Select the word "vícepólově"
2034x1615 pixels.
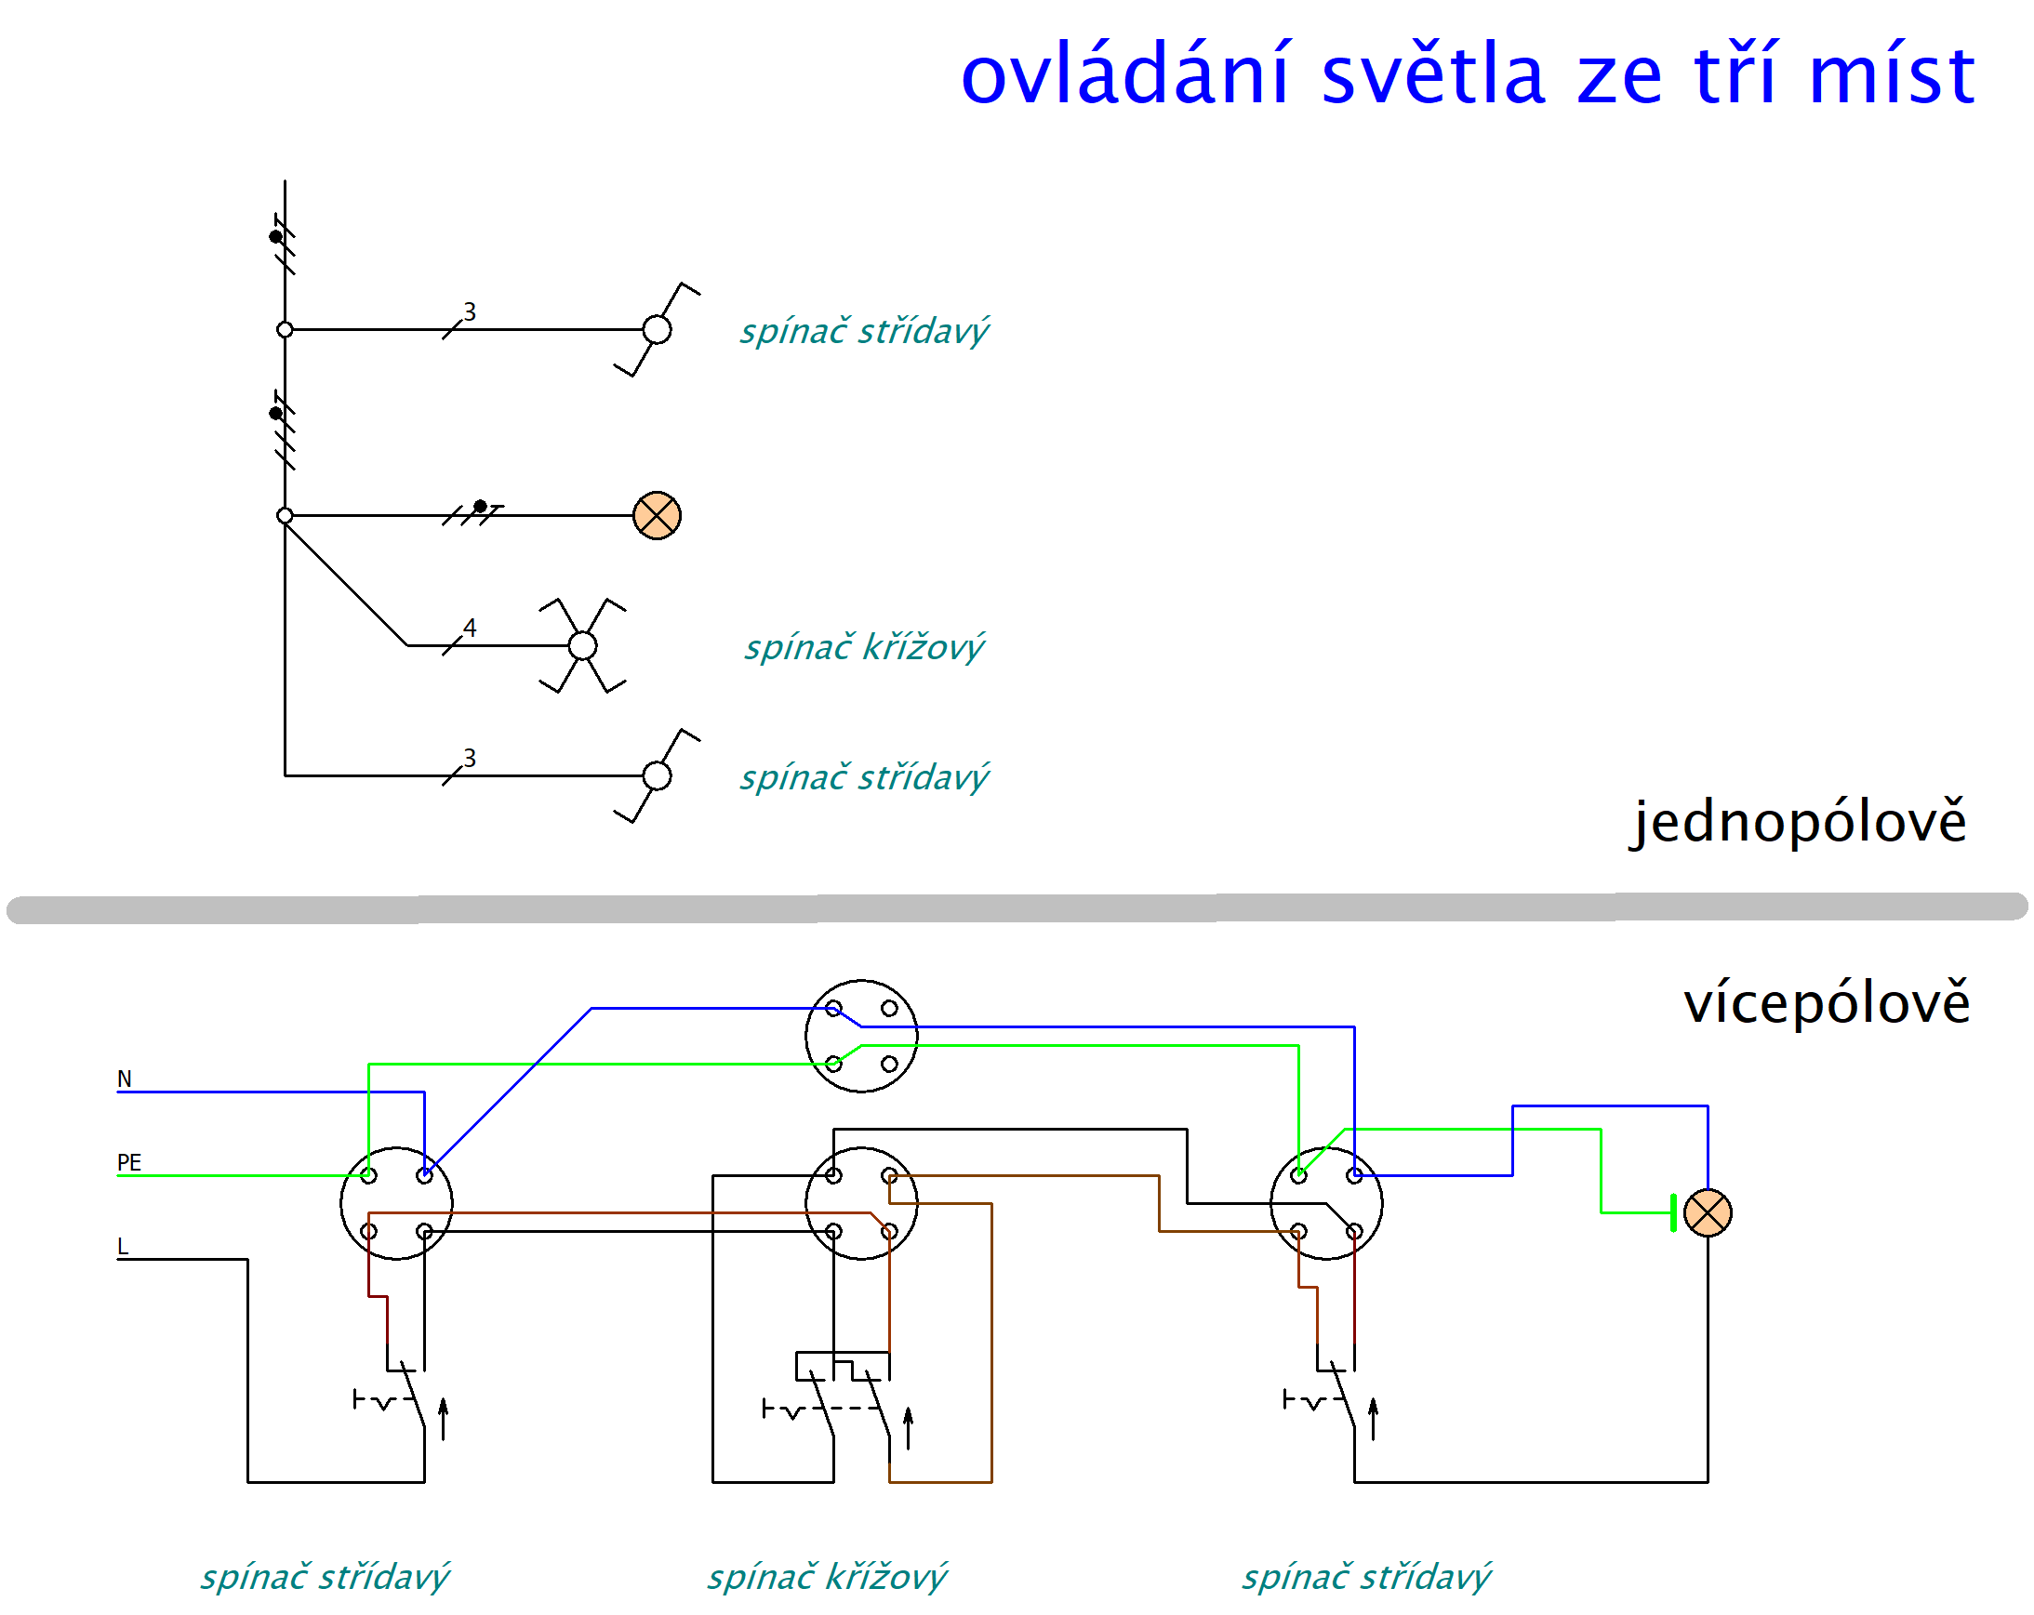point(1828,1004)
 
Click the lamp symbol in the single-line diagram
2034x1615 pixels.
point(658,516)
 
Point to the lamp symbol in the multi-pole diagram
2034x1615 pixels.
point(1708,1213)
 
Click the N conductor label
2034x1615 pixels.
point(124,1079)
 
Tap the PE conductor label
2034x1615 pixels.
point(129,1163)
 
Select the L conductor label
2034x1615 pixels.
point(122,1247)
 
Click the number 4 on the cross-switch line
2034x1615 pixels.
point(470,629)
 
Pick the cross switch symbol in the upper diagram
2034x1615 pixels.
point(583,646)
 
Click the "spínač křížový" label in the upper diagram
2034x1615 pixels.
point(864,648)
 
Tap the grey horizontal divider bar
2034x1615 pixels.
point(1017,908)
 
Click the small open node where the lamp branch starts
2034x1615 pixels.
point(285,516)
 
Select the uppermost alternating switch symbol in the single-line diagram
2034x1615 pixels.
point(658,330)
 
